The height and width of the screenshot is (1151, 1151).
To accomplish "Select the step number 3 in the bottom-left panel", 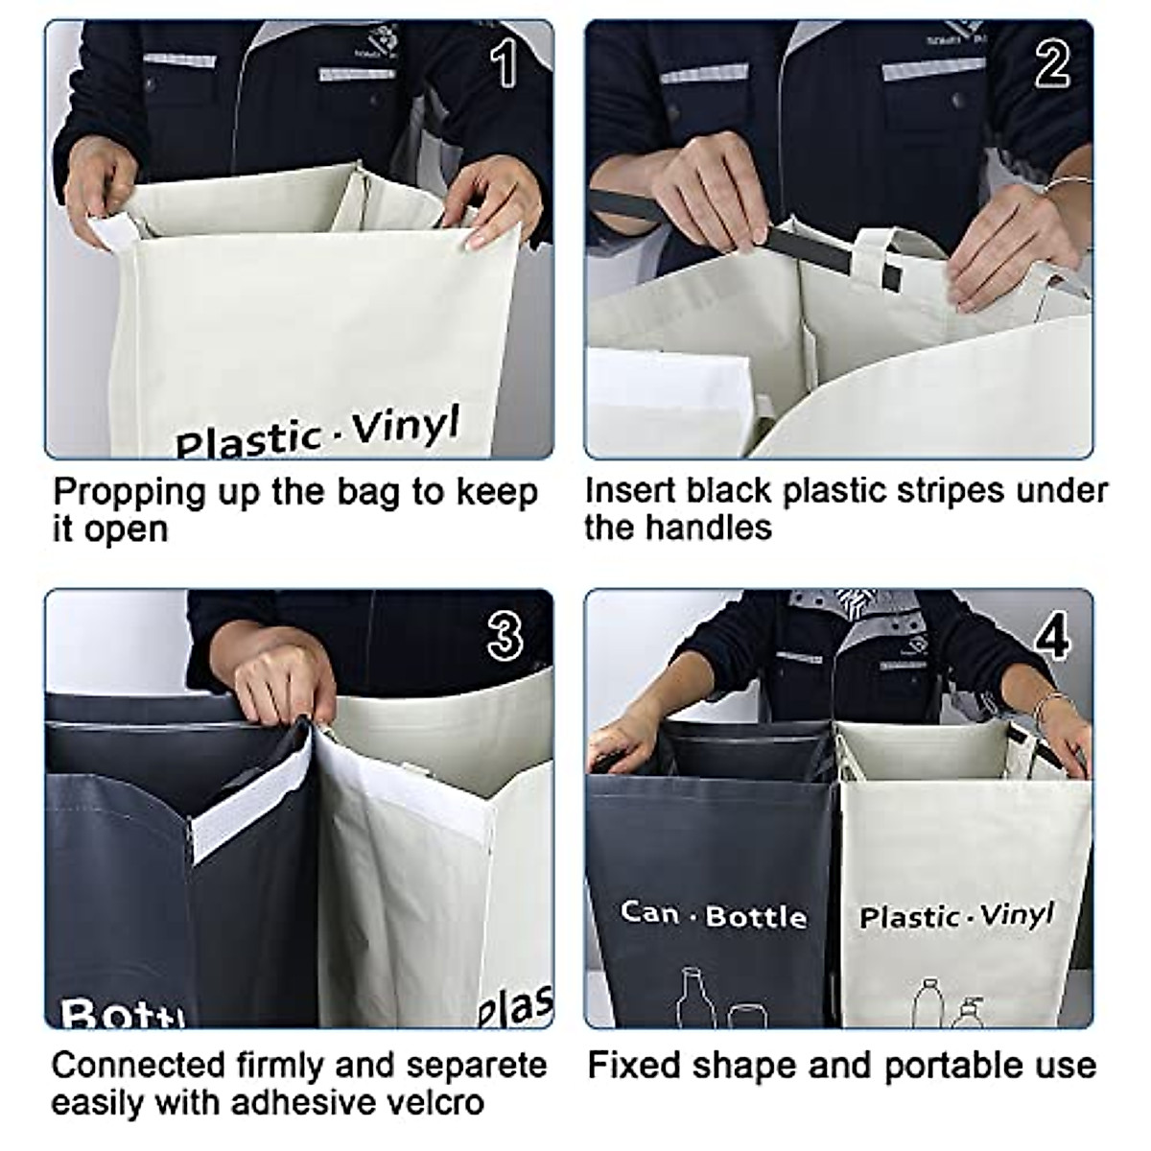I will tap(505, 636).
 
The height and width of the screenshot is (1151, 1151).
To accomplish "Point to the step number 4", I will tap(1053, 634).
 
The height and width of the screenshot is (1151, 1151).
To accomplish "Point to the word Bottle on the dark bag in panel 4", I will tap(756, 917).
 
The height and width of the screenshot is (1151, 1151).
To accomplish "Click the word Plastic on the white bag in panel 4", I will tap(907, 917).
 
